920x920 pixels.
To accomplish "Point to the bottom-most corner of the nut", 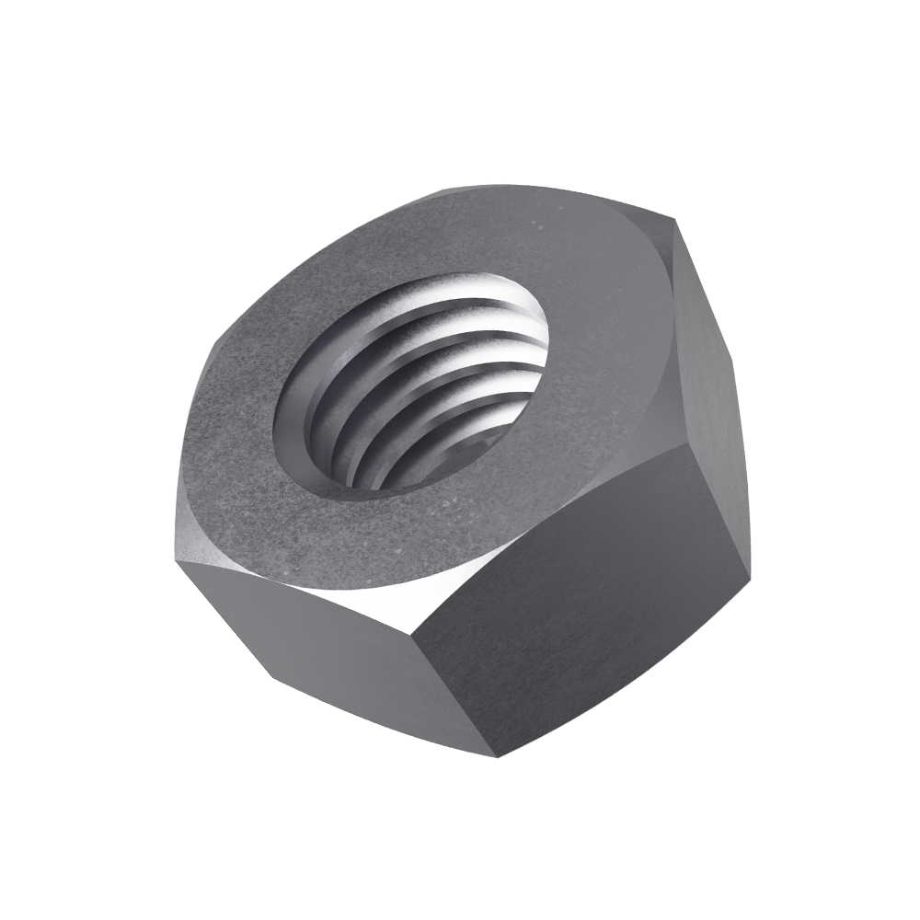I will [x=498, y=757].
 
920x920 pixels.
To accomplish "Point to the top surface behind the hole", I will [x=478, y=230].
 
